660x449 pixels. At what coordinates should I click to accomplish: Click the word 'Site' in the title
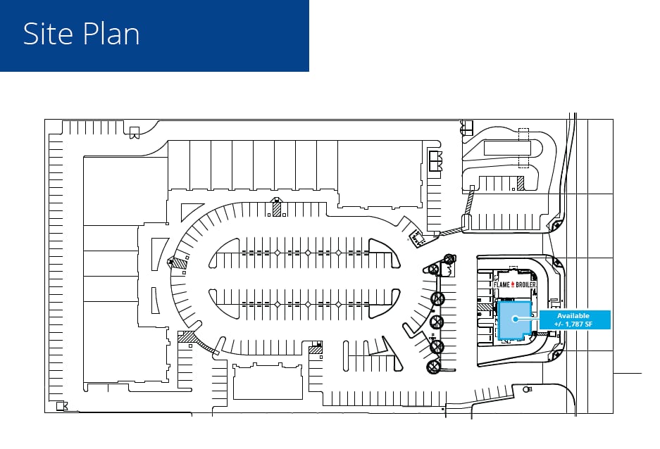(x=46, y=34)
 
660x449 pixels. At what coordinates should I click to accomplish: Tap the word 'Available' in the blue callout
(x=573, y=316)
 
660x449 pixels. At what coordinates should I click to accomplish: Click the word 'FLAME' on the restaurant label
(x=502, y=284)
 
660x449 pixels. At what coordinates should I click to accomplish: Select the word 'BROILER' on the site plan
(x=526, y=284)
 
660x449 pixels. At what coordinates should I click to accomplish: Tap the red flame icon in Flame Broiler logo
(x=513, y=284)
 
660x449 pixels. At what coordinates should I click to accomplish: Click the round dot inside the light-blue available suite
(x=515, y=319)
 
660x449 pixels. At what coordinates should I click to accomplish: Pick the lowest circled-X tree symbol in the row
(x=433, y=367)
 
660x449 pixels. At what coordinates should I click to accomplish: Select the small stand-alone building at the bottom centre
(x=268, y=381)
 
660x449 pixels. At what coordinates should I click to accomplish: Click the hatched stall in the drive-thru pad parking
(x=521, y=183)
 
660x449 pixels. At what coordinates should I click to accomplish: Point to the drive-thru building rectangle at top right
(x=507, y=148)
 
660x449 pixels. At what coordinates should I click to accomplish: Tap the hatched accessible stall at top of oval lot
(x=277, y=209)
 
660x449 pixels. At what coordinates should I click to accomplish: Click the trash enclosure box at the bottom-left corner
(x=62, y=406)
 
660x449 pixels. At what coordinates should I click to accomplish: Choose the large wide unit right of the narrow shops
(x=380, y=174)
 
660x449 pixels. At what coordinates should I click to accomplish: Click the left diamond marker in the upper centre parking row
(x=278, y=253)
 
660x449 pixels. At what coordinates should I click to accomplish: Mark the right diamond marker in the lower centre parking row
(x=339, y=304)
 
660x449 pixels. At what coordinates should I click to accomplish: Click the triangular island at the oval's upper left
(x=190, y=211)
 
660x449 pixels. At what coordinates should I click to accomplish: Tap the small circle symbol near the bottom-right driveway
(x=525, y=390)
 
